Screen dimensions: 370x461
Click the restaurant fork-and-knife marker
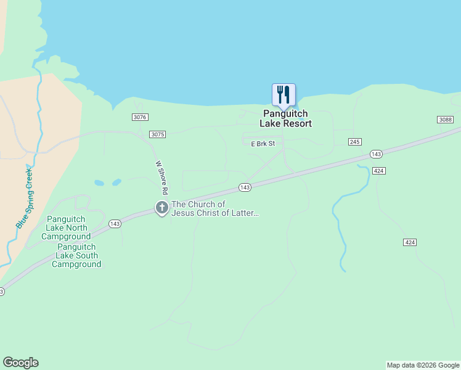click(284, 95)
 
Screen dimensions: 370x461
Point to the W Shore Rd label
click(162, 178)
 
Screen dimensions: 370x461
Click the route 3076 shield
click(140, 117)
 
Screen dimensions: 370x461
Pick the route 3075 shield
click(158, 134)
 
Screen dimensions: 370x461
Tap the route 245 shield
click(354, 142)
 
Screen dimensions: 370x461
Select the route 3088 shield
click(445, 120)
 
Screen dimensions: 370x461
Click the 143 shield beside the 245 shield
click(375, 154)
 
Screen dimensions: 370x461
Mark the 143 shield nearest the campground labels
click(115, 224)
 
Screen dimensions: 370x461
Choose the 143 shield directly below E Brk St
click(245, 187)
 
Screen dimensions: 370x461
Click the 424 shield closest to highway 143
click(379, 171)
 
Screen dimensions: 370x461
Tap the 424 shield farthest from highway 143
click(410, 242)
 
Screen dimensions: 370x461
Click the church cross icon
click(162, 208)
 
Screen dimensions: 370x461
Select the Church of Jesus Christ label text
click(215, 209)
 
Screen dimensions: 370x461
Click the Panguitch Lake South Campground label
click(77, 255)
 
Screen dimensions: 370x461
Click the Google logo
click(20, 363)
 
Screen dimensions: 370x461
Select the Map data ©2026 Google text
click(423, 365)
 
